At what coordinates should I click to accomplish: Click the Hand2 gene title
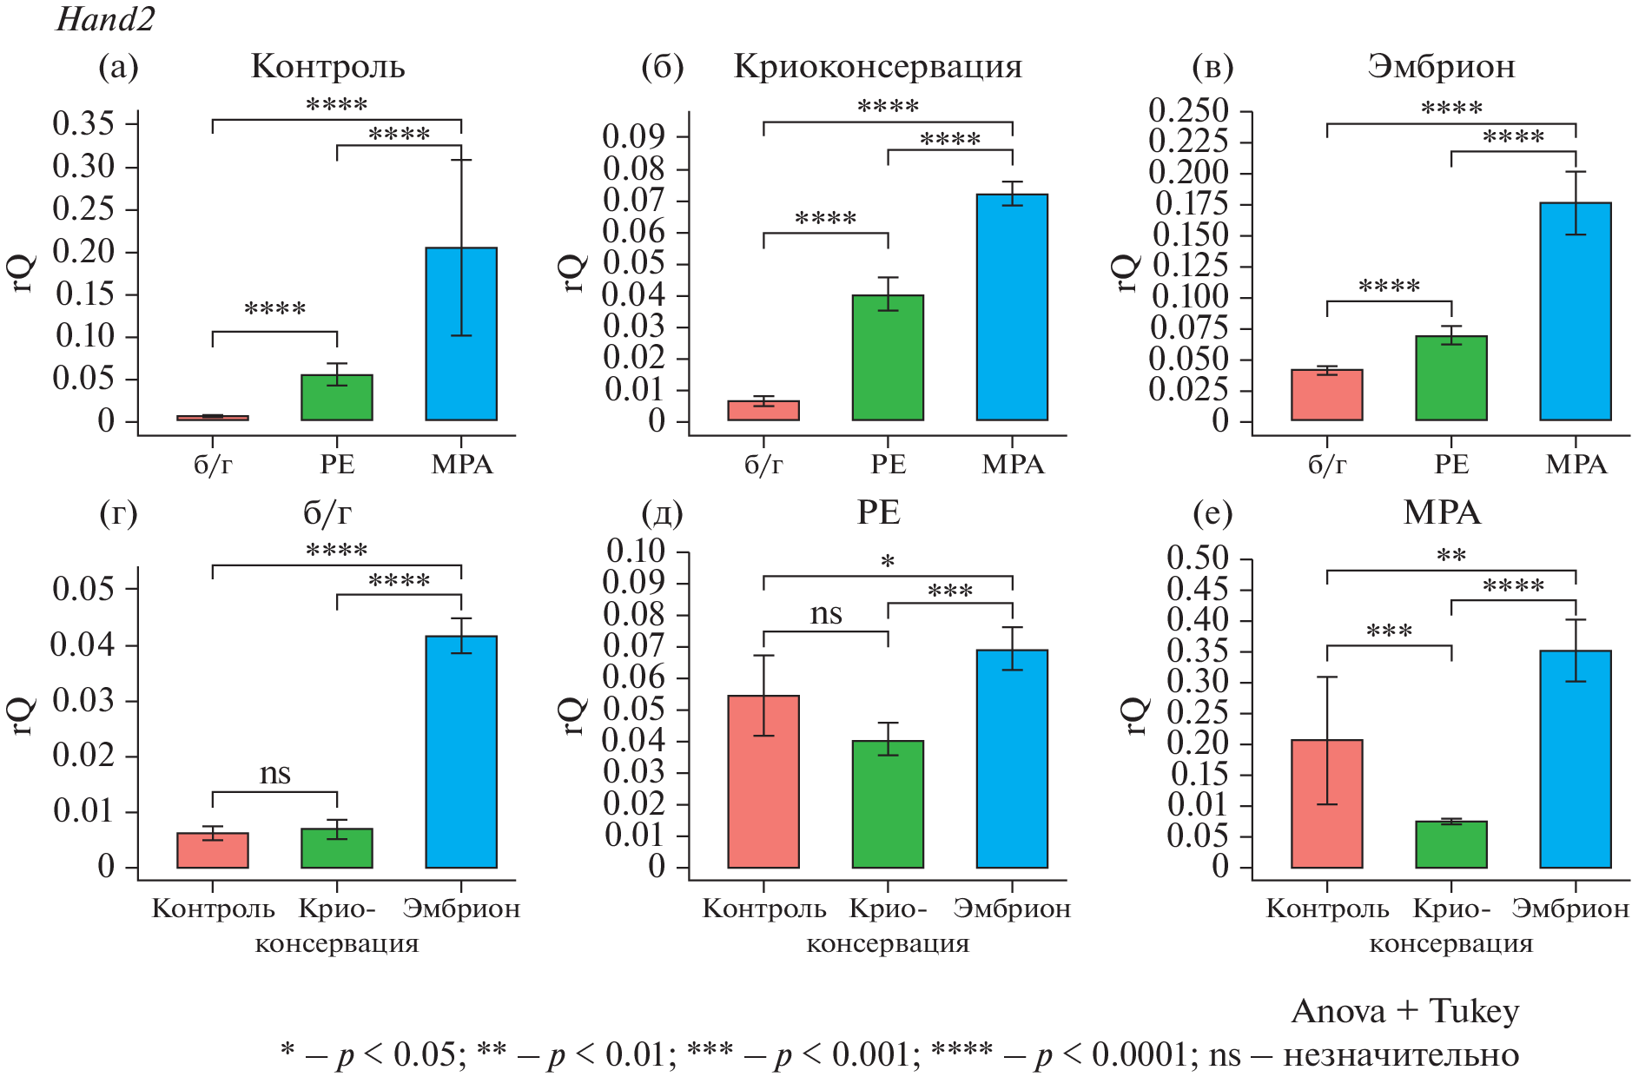tap(105, 19)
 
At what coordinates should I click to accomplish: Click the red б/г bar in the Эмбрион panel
tap(1326, 395)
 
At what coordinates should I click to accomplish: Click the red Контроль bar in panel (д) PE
tap(763, 782)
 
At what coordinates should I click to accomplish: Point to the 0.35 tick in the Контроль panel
tap(83, 123)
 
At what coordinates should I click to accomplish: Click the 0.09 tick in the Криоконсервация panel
tap(634, 136)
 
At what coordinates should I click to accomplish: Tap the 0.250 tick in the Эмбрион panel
tap(1188, 111)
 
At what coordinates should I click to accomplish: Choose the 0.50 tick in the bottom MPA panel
tap(1198, 558)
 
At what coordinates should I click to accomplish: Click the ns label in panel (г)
tap(274, 773)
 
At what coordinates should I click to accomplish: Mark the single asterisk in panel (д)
tap(888, 562)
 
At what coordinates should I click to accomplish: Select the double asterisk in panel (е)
tap(1450, 556)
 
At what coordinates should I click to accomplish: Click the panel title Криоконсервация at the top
tap(878, 67)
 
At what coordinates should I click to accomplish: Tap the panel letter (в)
tap(1212, 67)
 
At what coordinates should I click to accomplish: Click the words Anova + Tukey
tap(1404, 1011)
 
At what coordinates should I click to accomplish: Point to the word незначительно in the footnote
tap(1401, 1054)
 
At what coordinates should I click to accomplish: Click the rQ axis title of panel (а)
tap(23, 273)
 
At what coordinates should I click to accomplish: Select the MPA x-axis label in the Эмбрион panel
tap(1576, 465)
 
